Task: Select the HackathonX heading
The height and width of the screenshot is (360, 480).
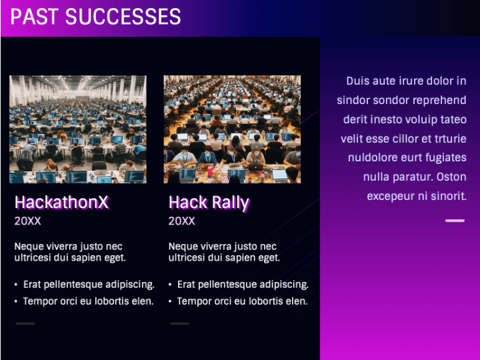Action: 61,203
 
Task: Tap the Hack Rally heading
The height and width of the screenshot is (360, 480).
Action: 209,203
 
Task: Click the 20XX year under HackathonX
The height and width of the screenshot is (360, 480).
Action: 28,221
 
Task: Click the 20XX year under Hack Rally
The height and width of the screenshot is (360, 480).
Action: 182,221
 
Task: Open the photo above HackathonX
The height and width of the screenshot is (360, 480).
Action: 77,129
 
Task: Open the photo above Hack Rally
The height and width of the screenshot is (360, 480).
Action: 232,129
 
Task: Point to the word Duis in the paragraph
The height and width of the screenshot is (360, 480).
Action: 357,81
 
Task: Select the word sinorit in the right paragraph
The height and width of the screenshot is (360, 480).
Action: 447,197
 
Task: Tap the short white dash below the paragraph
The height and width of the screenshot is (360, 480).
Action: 455,220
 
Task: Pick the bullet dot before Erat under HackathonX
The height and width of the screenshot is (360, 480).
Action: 16,285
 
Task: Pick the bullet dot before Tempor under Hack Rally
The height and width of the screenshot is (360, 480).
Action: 170,301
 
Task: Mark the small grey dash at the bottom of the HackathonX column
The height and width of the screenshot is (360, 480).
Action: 25,323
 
